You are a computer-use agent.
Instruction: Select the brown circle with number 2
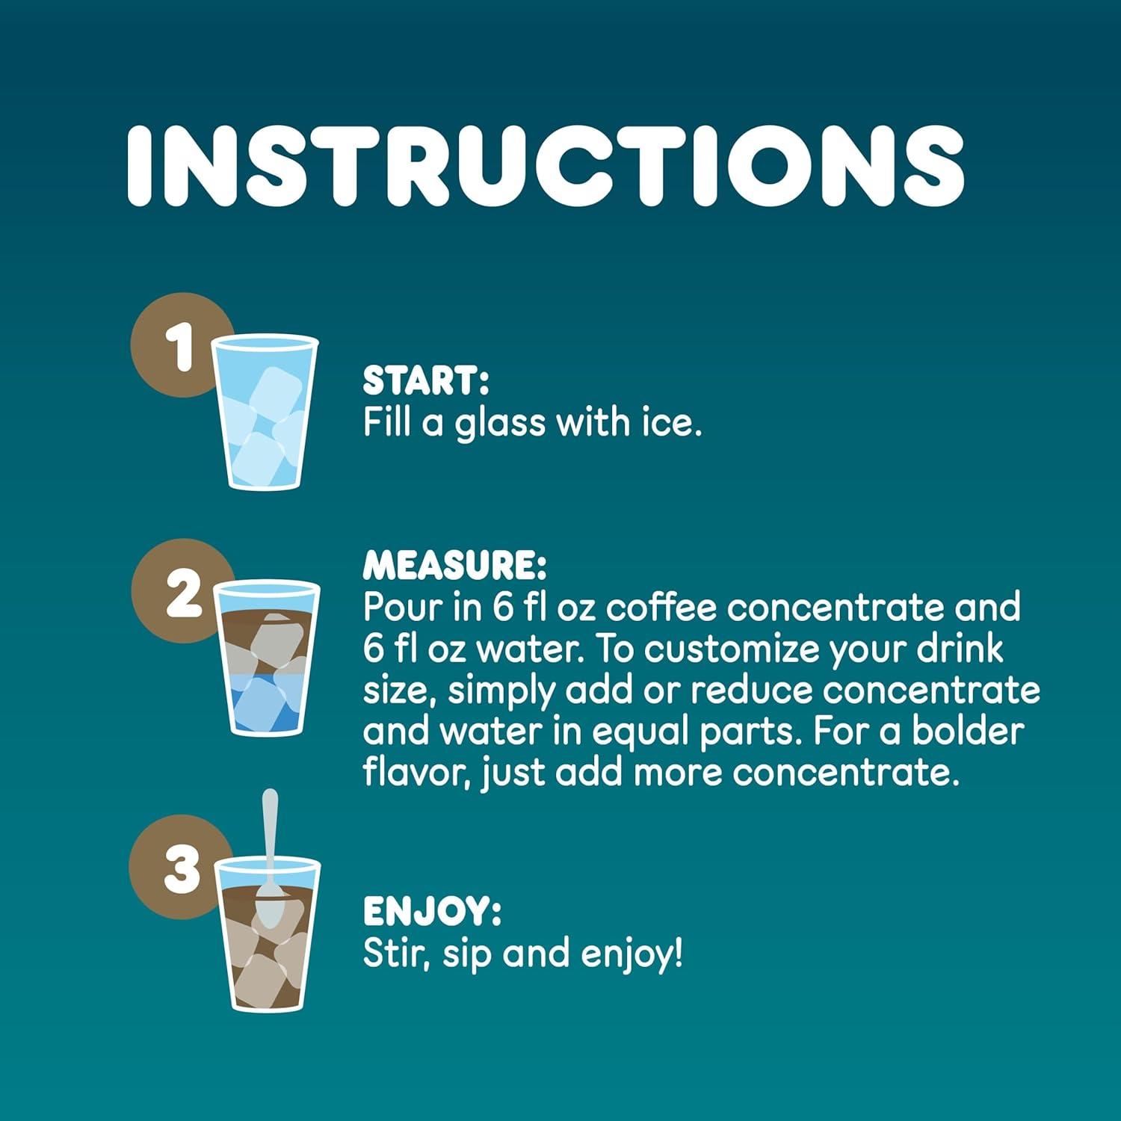click(x=179, y=592)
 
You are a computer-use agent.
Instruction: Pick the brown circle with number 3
click(x=179, y=868)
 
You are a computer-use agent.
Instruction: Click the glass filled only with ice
click(x=265, y=413)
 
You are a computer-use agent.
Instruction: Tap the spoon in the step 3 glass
click(x=268, y=859)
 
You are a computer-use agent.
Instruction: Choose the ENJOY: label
click(x=432, y=911)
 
